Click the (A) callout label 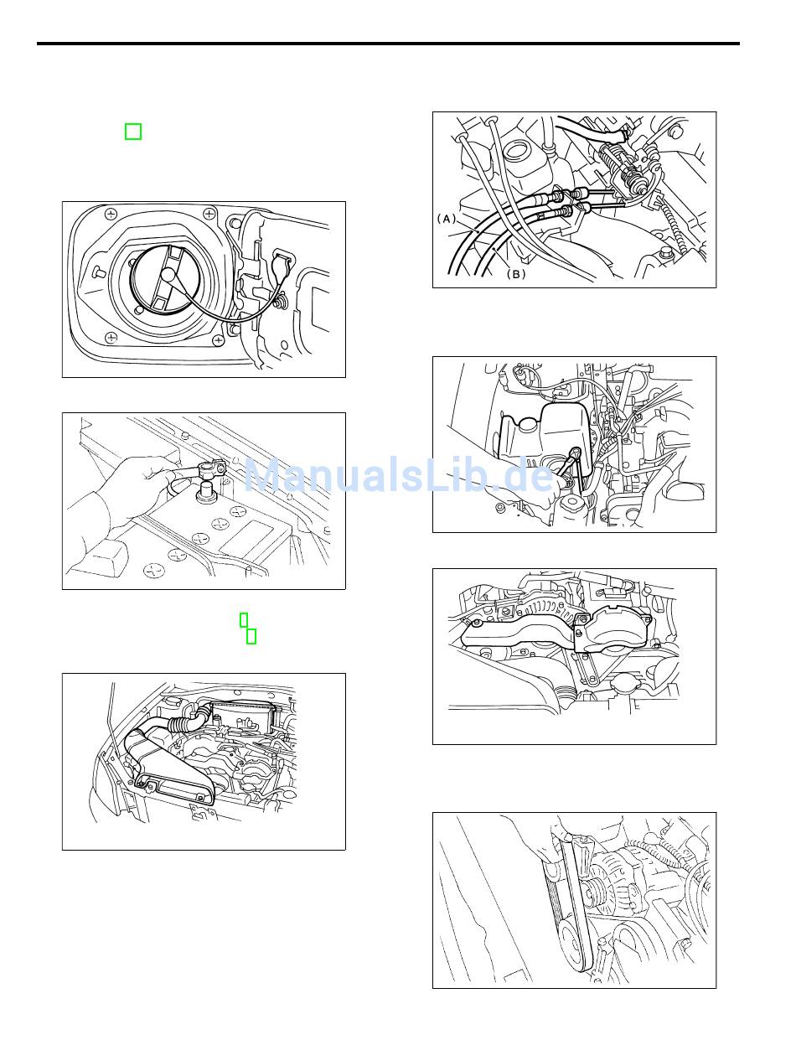point(447,219)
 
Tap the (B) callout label point(515,274)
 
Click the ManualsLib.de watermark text point(399,475)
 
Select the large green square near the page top point(133,132)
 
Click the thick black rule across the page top point(388,44)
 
